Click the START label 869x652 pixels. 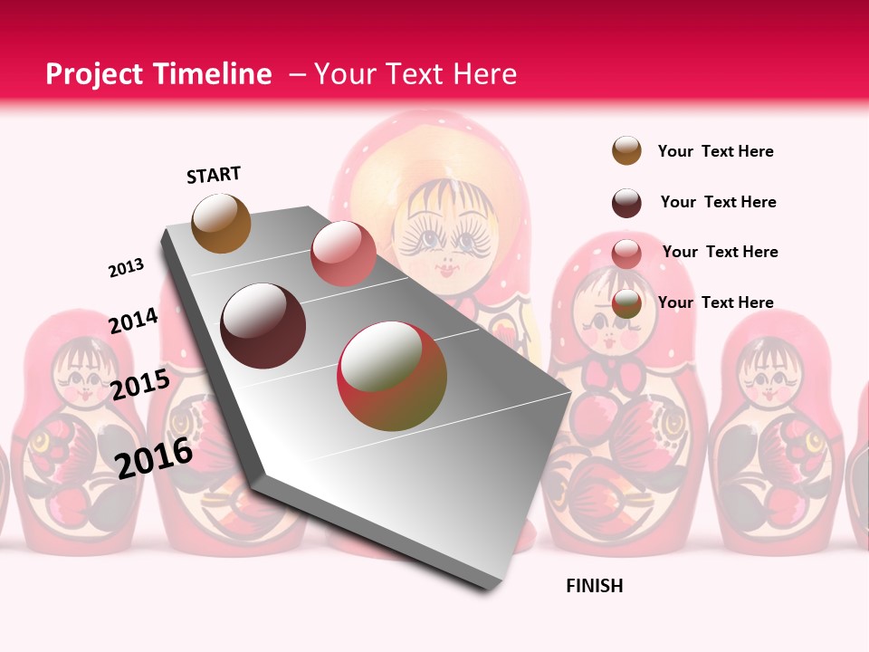214,175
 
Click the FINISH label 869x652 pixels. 595,586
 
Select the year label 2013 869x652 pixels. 126,268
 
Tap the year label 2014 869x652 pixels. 134,321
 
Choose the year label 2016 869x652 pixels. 155,457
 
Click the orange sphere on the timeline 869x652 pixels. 221,223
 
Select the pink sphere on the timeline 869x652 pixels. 343,254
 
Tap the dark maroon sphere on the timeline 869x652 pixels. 263,326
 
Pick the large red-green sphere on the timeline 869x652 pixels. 392,376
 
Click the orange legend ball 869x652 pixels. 626,151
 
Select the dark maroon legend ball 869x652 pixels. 626,203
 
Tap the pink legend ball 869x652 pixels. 626,254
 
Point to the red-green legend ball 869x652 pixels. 626,304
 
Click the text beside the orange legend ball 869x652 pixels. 715,151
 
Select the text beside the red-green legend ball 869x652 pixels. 715,302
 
